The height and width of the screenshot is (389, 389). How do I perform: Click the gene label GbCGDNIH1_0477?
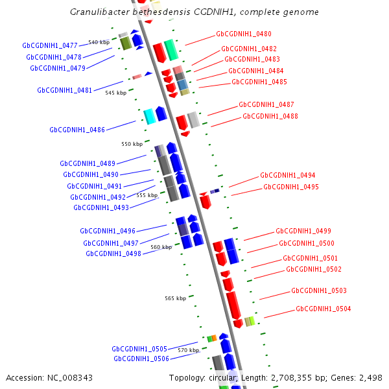tap(50, 45)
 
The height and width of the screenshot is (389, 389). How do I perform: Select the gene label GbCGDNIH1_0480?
tap(244, 34)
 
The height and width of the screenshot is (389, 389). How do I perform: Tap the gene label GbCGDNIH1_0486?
tap(77, 130)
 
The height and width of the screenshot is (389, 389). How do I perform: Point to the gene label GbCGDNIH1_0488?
tap(270, 116)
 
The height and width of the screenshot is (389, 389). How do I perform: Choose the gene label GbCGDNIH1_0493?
tap(101, 207)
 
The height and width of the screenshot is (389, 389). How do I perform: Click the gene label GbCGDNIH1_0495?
tap(291, 187)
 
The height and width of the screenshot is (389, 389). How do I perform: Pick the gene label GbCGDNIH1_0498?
tap(113, 253)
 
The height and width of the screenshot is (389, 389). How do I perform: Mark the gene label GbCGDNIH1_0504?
tap(324, 309)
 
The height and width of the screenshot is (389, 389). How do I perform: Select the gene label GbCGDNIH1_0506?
tap(141, 359)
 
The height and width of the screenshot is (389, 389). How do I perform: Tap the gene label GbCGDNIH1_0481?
tap(65, 90)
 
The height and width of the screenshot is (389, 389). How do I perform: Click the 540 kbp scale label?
tap(99, 42)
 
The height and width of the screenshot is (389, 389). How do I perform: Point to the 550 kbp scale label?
tap(132, 144)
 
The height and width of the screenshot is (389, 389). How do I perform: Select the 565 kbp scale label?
tap(175, 298)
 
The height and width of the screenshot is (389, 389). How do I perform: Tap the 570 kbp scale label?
tap(188, 350)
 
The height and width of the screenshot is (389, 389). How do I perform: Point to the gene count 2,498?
tap(370, 377)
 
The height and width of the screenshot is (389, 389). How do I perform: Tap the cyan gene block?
tap(149, 116)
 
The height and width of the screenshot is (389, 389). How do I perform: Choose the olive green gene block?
tap(126, 43)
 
